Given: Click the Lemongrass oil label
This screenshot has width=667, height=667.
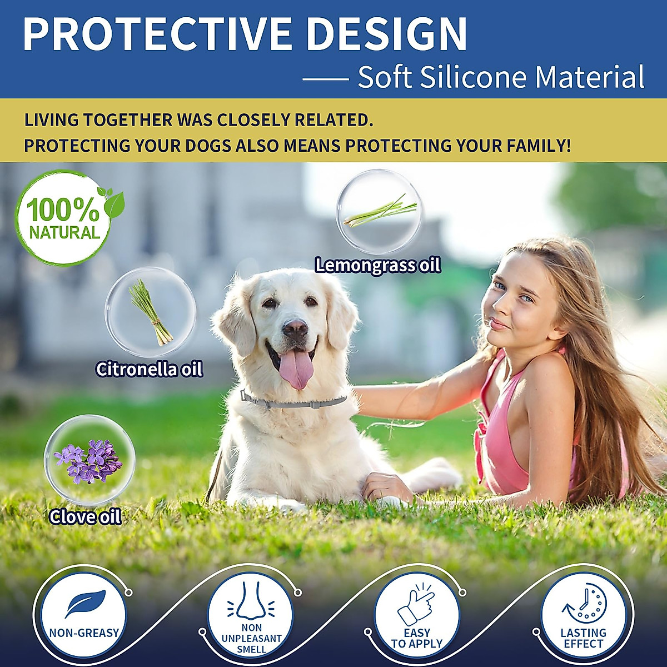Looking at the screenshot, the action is [377, 266].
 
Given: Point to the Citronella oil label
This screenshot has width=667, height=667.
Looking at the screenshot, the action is [149, 369].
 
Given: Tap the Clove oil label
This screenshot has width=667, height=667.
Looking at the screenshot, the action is [85, 517].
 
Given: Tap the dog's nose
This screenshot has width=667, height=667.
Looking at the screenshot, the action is [295, 328].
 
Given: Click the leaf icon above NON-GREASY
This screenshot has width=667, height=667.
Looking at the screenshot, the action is [86, 604].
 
